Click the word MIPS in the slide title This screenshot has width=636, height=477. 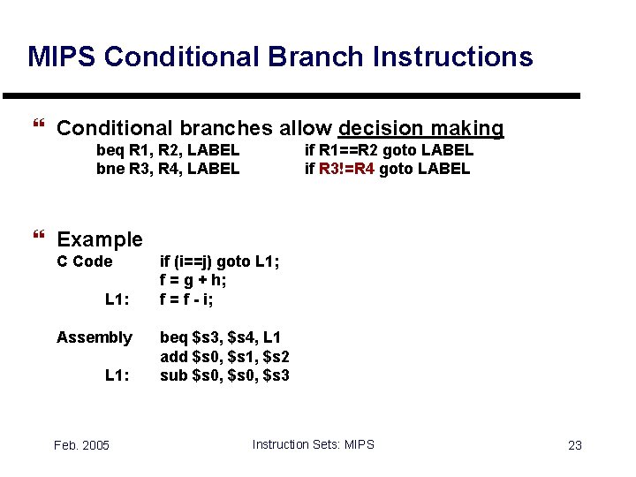[62, 57]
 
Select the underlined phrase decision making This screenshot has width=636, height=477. [420, 129]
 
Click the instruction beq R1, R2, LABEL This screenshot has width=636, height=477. [168, 150]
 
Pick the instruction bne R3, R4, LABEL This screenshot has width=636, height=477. [168, 168]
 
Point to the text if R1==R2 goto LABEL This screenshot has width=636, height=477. [389, 150]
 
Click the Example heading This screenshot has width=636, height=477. [99, 239]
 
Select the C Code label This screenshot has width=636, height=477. [85, 261]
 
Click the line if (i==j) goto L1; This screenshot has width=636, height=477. [218, 261]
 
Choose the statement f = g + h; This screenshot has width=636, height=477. [193, 280]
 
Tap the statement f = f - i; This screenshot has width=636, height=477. [186, 299]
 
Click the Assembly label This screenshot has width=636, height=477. [95, 337]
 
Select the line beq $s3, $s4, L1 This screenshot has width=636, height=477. [220, 337]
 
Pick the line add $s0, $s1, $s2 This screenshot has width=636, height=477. [224, 357]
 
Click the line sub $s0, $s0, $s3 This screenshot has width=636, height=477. [224, 375]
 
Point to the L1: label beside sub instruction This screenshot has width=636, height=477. [117, 375]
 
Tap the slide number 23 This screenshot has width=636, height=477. [574, 445]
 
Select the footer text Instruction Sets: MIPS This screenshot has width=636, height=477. [313, 444]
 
